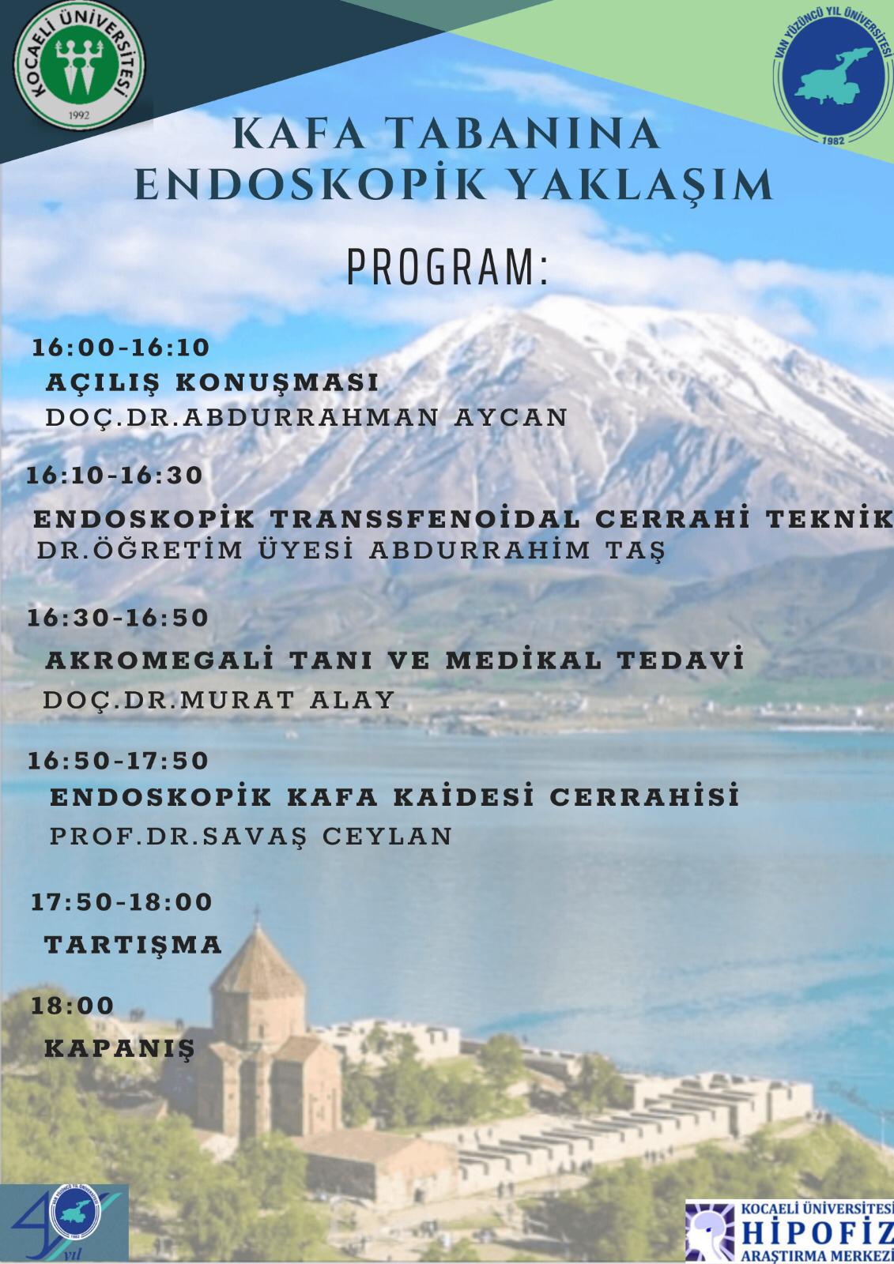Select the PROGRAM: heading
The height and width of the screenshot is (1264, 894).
tap(447, 268)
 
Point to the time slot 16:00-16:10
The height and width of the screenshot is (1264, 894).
tap(121, 348)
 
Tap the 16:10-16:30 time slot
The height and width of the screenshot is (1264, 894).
tap(115, 475)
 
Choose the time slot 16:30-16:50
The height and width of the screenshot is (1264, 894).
tap(118, 617)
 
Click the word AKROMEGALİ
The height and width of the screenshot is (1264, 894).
tap(159, 660)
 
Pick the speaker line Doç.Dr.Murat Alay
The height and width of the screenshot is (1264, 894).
tap(219, 700)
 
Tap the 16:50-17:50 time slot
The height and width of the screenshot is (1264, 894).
tap(119, 761)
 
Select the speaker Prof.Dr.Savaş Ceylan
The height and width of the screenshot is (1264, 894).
tap(251, 837)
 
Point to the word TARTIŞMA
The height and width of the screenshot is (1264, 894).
tap(134, 944)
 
